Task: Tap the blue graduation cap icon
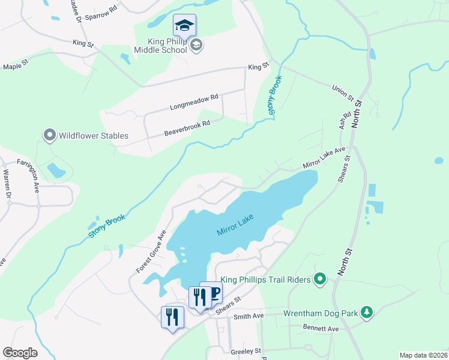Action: click(184, 25)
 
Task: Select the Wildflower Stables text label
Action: click(93, 136)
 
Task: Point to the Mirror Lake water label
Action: click(236, 224)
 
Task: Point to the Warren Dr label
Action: click(7, 184)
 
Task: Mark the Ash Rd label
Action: click(344, 121)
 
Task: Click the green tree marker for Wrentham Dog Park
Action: click(366, 313)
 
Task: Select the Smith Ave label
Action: click(249, 316)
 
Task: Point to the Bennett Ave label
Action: click(321, 329)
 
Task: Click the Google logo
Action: click(20, 353)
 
